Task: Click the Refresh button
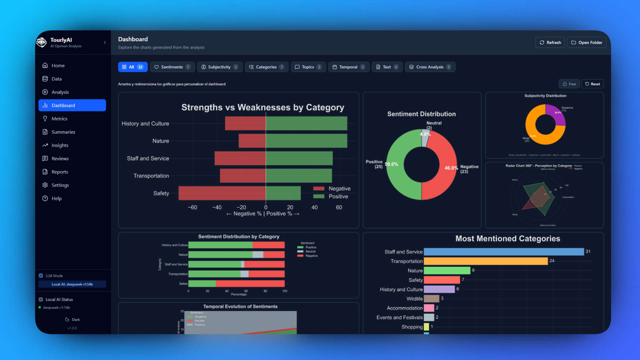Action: point(550,42)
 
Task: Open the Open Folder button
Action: point(586,42)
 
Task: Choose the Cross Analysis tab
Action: point(430,67)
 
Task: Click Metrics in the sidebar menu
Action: point(59,119)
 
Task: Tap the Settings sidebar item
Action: point(60,185)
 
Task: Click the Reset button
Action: point(592,84)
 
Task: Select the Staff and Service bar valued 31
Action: point(503,252)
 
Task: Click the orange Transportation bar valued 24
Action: point(485,261)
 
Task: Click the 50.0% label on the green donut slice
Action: point(391,164)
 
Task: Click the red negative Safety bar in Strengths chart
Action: point(222,193)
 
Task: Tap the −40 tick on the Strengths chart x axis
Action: point(217,207)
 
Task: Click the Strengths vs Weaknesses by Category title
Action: point(263,107)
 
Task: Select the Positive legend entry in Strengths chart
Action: point(338,196)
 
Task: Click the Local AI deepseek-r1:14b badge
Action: point(72,284)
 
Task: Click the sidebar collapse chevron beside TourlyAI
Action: point(105,42)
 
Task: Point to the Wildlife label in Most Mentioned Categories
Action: point(414,299)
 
